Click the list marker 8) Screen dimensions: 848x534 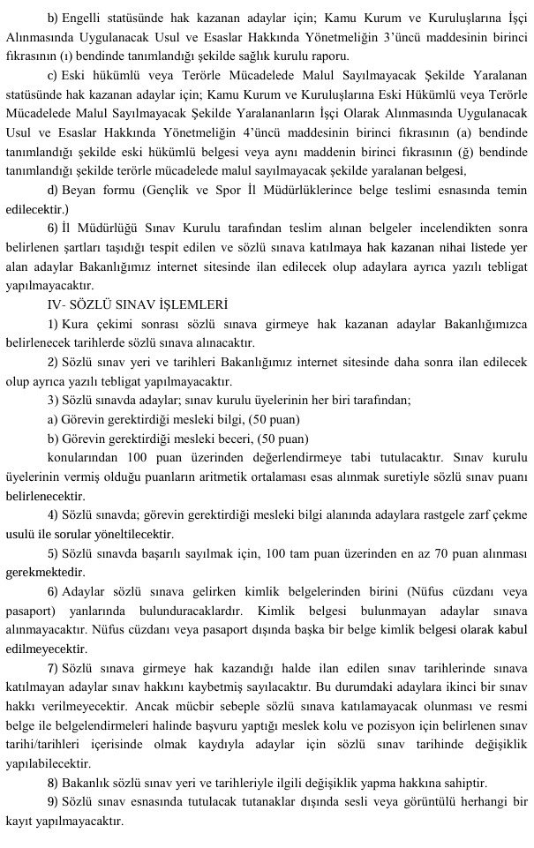(x=52, y=784)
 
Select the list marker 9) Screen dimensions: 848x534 (x=52, y=801)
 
